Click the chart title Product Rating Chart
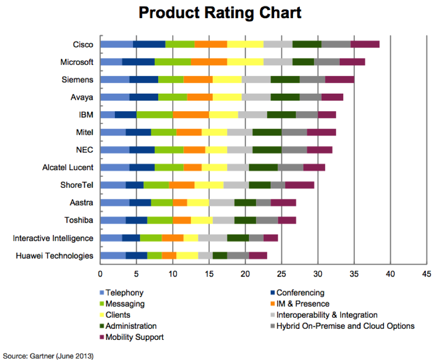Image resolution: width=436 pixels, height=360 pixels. click(220, 13)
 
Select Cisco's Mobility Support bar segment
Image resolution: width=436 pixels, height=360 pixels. click(365, 44)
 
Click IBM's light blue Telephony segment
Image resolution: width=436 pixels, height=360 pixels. click(107, 115)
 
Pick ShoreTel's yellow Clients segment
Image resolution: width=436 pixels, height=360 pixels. click(209, 185)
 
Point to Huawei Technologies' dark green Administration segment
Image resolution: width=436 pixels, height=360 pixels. click(220, 256)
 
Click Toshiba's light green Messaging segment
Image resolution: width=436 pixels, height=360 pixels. click(160, 221)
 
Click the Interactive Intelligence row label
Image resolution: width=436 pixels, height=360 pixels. click(53, 238)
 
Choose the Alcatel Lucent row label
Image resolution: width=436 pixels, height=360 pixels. click(68, 168)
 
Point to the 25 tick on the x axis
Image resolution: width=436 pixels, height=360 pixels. click(281, 274)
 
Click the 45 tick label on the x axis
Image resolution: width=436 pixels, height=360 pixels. click(426, 274)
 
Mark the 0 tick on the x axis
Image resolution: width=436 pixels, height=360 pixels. click(100, 274)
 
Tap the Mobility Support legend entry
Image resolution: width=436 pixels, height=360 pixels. click(135, 337)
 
